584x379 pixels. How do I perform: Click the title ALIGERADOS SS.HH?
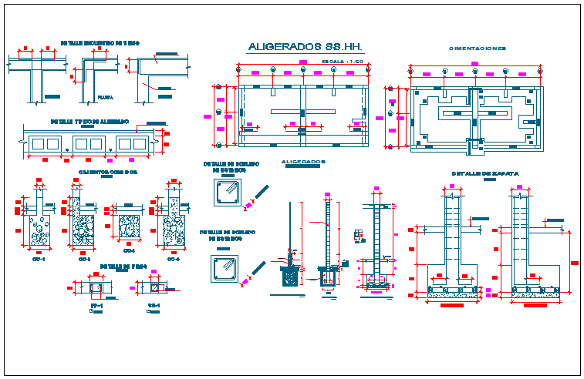coord(305,48)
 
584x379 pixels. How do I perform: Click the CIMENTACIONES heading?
coord(478,48)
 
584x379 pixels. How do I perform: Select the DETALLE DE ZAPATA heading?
coord(484,174)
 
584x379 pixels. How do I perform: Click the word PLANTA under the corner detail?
coord(103,97)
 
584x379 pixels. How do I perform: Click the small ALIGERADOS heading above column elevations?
coord(303,162)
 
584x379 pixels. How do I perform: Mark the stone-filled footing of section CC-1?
coord(38,231)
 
